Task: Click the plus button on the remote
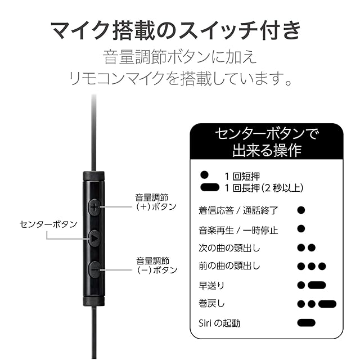[94, 207]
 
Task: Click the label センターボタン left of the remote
[48, 224]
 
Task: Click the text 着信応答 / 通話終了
[238, 211]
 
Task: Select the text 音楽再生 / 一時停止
[238, 230]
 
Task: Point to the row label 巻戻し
[211, 304]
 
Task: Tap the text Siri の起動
[219, 323]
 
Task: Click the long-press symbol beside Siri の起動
[306, 323]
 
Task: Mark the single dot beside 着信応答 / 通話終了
[301, 210]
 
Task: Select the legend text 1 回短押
[242, 176]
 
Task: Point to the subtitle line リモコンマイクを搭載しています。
[180, 79]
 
